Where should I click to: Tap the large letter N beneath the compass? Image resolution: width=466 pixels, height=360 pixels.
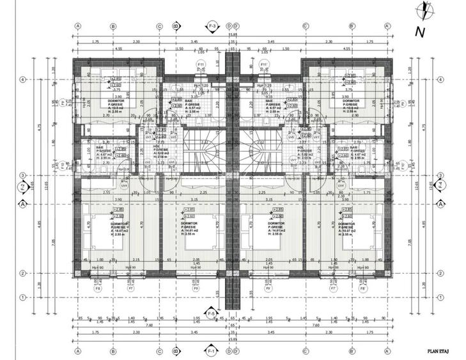click(419, 31)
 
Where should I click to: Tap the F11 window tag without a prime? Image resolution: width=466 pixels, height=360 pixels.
click(200, 65)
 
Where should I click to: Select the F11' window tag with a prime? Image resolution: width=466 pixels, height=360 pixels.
click(264, 65)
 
